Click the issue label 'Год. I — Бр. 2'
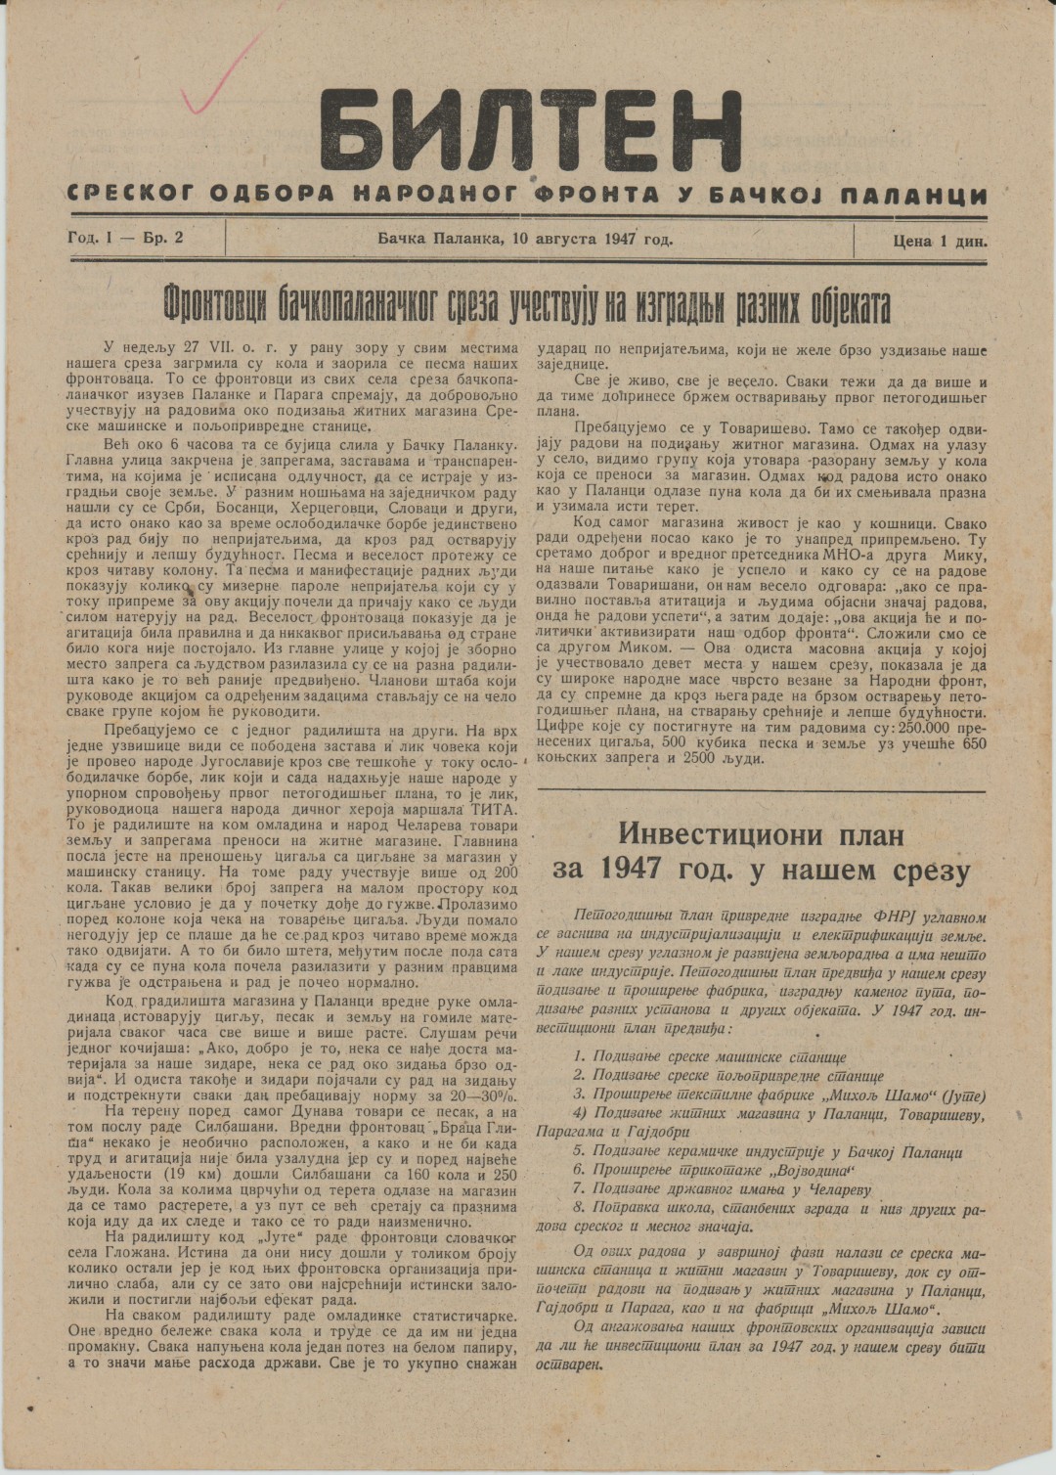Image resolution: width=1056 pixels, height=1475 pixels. (x=125, y=238)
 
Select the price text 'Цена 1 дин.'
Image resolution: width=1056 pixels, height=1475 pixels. (x=939, y=240)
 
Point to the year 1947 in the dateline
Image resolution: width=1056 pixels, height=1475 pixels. (x=622, y=238)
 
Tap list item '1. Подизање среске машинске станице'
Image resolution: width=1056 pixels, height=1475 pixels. (x=710, y=1057)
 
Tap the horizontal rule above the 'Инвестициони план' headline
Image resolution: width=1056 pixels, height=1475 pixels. (x=762, y=789)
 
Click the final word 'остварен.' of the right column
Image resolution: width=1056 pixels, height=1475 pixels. (x=571, y=1364)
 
